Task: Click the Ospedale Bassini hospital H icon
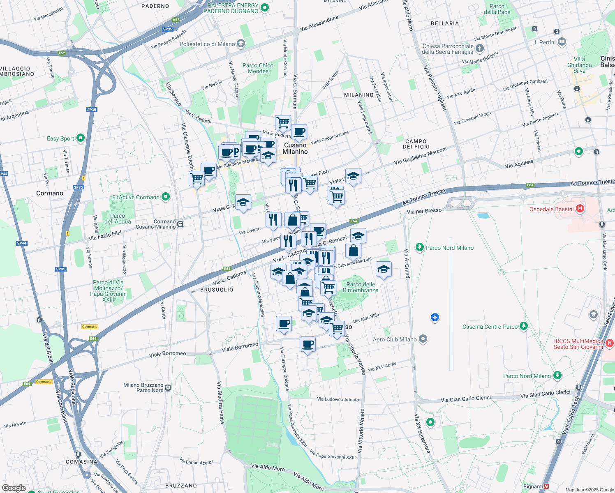point(580,209)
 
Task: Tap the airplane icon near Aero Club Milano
point(435,317)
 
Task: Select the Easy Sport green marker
point(81,138)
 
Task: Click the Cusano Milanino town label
point(295,148)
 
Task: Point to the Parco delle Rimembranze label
point(361,287)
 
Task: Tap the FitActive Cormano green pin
point(166,197)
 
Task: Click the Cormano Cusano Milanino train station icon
point(180,224)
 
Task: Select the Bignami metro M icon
point(546,486)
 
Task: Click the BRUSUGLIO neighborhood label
point(217,290)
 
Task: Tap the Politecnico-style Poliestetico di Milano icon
point(241,44)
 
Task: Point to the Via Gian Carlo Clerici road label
point(466,399)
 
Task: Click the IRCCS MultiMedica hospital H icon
point(610,342)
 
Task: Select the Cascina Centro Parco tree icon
point(523,326)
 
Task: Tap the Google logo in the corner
point(14,488)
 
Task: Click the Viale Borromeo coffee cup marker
point(307,344)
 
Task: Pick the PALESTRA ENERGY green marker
point(265,8)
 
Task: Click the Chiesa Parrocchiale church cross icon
point(480,48)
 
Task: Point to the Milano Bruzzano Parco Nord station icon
point(168,387)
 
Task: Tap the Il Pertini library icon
point(562,42)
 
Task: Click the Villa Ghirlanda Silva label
point(579,65)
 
